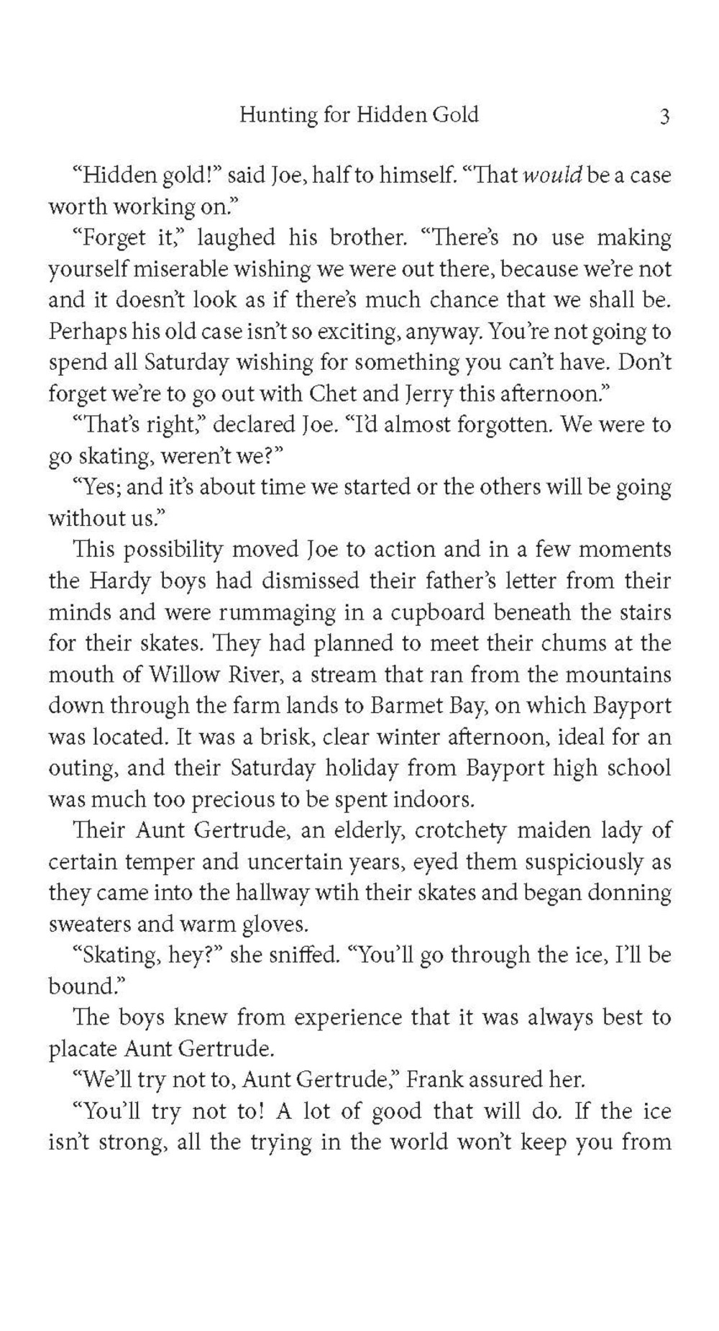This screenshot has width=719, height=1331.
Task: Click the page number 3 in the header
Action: (664, 116)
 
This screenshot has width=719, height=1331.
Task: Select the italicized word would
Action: (551, 176)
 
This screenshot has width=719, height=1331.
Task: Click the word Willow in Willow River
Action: (183, 675)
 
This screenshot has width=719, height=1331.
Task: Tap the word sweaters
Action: (84, 925)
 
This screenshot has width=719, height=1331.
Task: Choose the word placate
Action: (79, 1049)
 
